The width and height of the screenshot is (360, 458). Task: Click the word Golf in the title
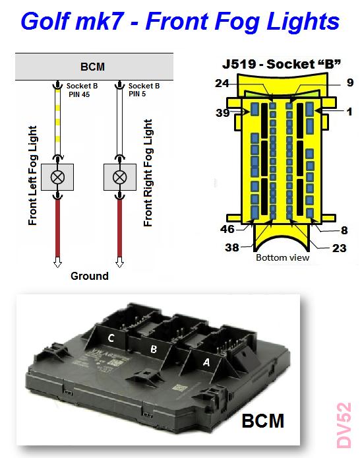tap(45, 21)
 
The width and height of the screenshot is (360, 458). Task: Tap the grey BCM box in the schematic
tap(94, 67)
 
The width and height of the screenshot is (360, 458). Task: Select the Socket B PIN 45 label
tap(82, 90)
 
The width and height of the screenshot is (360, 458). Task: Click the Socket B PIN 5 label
tap(144, 90)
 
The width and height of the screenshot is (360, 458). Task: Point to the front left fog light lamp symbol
tap(57, 177)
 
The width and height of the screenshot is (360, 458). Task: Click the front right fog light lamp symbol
tap(119, 177)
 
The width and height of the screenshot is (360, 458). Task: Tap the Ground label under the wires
tap(90, 276)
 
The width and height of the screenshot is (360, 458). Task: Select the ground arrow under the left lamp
tap(57, 262)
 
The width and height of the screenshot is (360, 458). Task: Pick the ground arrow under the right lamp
tap(119, 262)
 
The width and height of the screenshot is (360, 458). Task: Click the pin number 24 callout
tap(222, 83)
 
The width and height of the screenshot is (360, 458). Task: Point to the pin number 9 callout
tap(350, 82)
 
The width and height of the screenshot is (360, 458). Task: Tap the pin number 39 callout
tap(223, 113)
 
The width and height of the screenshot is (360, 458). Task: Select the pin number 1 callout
tap(349, 112)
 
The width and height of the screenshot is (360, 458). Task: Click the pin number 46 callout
tap(227, 229)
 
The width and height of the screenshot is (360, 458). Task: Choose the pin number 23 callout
tap(340, 248)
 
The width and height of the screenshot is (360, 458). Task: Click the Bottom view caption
tap(282, 257)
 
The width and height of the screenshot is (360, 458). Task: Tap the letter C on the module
tap(111, 338)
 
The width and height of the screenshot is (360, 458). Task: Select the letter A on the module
tap(206, 362)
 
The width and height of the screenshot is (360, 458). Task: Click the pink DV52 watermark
tap(344, 425)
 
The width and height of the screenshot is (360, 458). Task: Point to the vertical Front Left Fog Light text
tap(33, 176)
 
